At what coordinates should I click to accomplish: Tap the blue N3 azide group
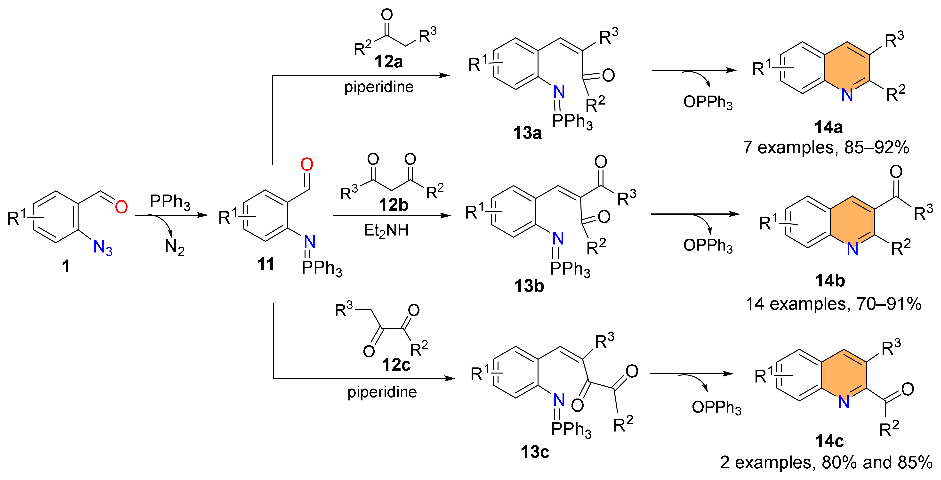[x=103, y=248]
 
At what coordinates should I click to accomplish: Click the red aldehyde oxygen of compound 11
[x=307, y=164]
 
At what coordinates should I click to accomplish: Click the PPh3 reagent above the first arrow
[x=170, y=202]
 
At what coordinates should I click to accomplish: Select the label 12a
[x=388, y=61]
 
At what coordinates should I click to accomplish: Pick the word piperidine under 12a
[x=379, y=87]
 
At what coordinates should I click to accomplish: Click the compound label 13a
[x=527, y=133]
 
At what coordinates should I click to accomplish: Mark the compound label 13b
[x=529, y=286]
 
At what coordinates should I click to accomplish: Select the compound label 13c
[x=535, y=452]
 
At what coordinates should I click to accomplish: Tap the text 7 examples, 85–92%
[x=826, y=147]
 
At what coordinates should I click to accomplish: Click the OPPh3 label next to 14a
[x=708, y=102]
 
